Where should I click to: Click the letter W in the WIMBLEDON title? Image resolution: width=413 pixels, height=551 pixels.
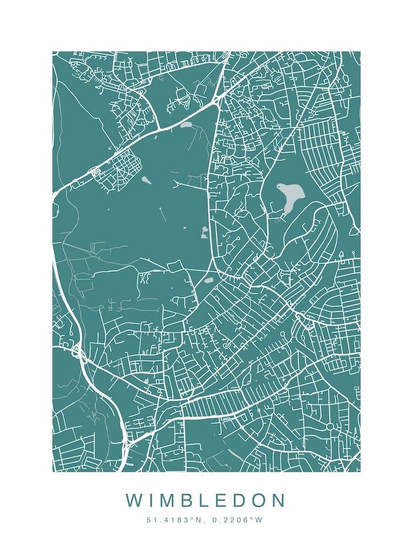pyautogui.click(x=134, y=501)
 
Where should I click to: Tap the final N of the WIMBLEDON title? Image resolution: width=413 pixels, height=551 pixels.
pyautogui.click(x=278, y=501)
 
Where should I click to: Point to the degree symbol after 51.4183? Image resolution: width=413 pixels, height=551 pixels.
pyautogui.click(x=185, y=518)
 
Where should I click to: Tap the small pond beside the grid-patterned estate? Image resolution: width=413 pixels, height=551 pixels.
pyautogui.click(x=146, y=180)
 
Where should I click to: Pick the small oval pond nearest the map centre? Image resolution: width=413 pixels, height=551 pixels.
pyautogui.click(x=209, y=280)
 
